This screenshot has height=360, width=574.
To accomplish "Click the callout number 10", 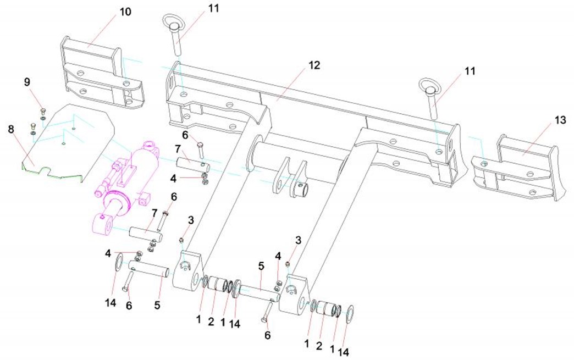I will [126, 12].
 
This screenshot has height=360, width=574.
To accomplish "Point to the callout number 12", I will [314, 65].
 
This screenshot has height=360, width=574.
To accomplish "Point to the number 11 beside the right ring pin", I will [470, 71].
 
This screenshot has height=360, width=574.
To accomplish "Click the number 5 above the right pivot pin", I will [261, 266].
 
